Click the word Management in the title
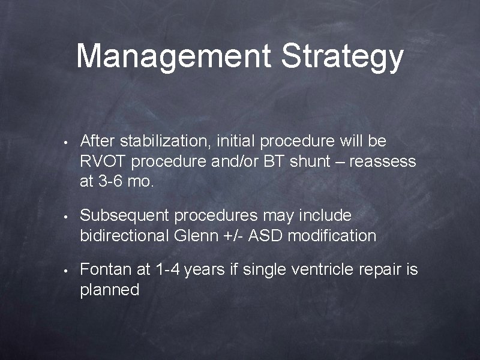click(x=174, y=56)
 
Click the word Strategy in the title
click(x=342, y=57)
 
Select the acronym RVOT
click(x=103, y=162)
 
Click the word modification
click(x=332, y=235)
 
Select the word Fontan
click(x=106, y=269)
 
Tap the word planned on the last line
click(x=109, y=290)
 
